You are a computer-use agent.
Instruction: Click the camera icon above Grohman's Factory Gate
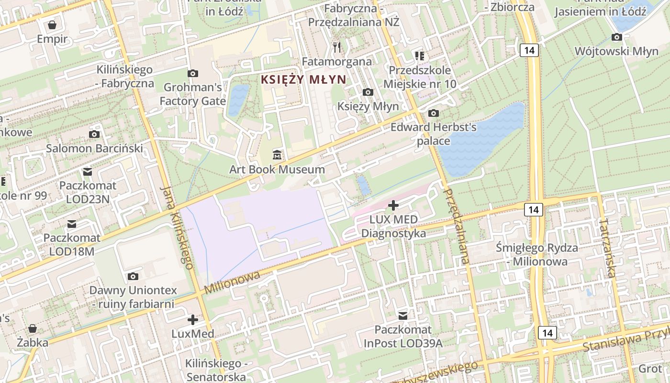coord(193,73)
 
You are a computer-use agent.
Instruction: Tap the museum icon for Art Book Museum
coord(277,155)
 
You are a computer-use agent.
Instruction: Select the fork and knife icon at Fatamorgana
coord(337,47)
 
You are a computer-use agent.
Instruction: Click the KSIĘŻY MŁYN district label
coord(303,79)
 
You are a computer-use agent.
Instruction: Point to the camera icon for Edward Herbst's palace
coord(434,113)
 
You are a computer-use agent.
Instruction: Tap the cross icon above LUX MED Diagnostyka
coord(393,205)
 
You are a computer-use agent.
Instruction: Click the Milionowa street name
coord(232,283)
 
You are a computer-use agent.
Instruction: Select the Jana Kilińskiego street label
coord(176,227)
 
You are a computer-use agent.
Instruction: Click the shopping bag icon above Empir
coord(52,24)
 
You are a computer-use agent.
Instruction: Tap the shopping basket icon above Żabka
coord(33,328)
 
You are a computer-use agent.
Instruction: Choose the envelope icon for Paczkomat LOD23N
coord(88,171)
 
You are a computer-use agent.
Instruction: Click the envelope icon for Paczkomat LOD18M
coord(72,224)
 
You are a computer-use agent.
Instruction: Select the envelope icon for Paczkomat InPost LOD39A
coord(403,315)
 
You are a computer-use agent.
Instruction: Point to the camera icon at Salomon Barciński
coord(94,134)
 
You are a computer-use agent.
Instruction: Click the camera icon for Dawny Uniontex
coord(133,276)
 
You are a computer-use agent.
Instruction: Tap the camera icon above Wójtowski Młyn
coord(617,37)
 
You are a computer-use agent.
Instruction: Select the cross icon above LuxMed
coord(193,319)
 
